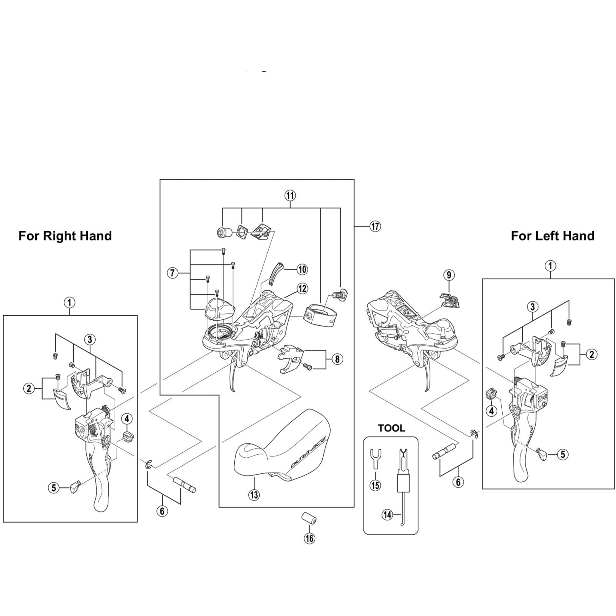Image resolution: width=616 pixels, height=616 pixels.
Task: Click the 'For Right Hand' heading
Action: tap(65, 236)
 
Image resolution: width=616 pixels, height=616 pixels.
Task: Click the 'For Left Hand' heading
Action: tap(553, 236)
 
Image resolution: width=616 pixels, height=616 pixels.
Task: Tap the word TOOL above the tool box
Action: tap(391, 428)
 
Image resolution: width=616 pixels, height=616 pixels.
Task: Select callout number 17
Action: tap(375, 226)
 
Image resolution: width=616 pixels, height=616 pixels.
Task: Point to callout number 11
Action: tap(290, 195)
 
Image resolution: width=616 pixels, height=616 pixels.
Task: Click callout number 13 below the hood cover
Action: tap(254, 495)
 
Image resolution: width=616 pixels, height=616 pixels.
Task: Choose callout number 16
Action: tap(309, 538)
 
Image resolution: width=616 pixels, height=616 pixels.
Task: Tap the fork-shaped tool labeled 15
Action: tap(375, 458)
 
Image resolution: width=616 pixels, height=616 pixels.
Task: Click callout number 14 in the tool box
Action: tap(387, 515)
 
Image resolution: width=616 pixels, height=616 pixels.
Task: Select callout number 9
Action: tap(449, 275)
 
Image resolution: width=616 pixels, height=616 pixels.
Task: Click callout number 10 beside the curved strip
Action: tap(302, 269)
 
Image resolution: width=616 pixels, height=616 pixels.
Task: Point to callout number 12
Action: tap(302, 289)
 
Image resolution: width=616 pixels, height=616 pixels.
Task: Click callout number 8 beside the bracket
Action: tap(337, 359)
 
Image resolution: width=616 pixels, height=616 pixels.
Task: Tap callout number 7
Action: tap(172, 273)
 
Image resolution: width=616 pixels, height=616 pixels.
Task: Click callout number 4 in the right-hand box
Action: tap(127, 419)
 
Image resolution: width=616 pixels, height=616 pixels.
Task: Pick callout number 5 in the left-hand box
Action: tap(563, 454)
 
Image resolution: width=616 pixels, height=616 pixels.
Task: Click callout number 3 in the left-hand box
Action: tap(533, 307)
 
